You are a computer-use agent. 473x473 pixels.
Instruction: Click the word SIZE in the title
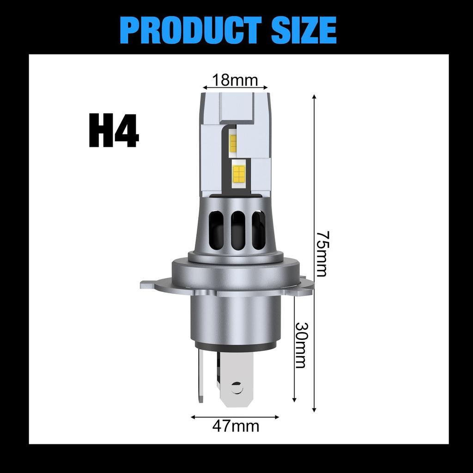pos(297,30)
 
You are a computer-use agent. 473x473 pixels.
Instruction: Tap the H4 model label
pos(114,131)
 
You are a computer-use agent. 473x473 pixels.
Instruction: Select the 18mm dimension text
pos(235,80)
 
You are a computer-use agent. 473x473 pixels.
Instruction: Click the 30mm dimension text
pos(301,344)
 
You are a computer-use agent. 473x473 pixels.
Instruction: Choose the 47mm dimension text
pos(236,426)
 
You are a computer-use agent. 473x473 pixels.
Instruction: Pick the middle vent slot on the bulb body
pos(238,230)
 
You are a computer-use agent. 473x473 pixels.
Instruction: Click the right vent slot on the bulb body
pos(258,230)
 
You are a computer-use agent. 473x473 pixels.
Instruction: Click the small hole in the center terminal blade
pos(237,388)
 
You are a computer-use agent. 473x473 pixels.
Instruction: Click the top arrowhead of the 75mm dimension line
pos(314,97)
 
